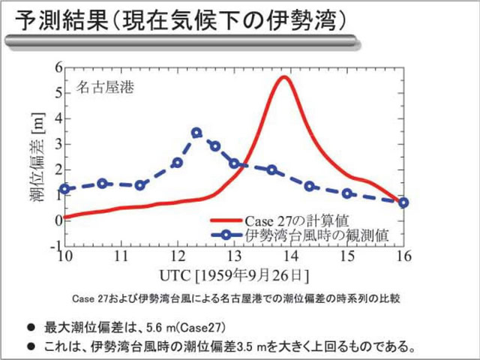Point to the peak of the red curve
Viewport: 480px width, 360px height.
[x=284, y=77]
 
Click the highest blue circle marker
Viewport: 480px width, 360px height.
[x=196, y=133]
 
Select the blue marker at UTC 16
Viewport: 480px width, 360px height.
[x=403, y=202]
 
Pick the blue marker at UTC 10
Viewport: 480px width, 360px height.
[x=64, y=189]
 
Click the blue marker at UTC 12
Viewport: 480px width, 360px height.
[x=178, y=163]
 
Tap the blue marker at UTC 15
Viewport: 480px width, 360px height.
[x=347, y=193]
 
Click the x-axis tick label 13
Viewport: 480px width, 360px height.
[x=234, y=256]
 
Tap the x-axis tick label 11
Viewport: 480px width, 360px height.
[x=121, y=256]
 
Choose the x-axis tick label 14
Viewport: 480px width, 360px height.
[x=290, y=256]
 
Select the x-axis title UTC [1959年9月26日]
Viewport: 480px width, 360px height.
[x=233, y=274]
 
